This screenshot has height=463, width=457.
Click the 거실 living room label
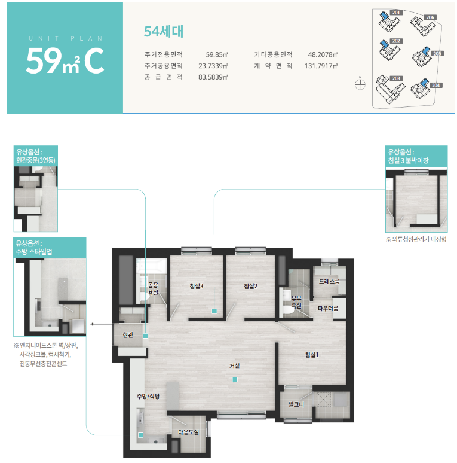[x=234, y=366]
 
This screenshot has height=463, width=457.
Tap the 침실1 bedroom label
[x=312, y=355]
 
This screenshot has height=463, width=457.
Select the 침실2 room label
[x=251, y=286]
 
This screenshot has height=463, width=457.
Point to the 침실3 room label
[x=197, y=286]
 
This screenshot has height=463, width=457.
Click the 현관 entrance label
[x=128, y=335]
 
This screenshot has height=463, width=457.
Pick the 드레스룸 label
[x=329, y=281]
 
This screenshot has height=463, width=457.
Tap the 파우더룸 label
[x=328, y=309]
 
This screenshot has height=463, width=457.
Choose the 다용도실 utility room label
[x=188, y=432]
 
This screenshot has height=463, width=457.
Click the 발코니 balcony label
[x=296, y=404]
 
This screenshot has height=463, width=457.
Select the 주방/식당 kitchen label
[x=148, y=396]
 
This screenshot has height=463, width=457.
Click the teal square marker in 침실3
[x=214, y=311]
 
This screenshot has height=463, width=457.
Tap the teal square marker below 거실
[x=235, y=379]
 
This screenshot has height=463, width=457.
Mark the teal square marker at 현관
[x=145, y=336]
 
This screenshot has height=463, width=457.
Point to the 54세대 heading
[x=164, y=31]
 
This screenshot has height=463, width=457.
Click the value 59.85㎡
[x=217, y=54]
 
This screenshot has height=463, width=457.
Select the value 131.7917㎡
[x=321, y=66]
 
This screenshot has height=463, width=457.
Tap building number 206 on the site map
[x=430, y=17]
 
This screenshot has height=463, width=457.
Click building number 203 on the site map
[x=396, y=78]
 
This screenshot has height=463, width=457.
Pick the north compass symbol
[x=360, y=84]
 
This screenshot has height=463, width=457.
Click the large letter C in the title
[x=94, y=61]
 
